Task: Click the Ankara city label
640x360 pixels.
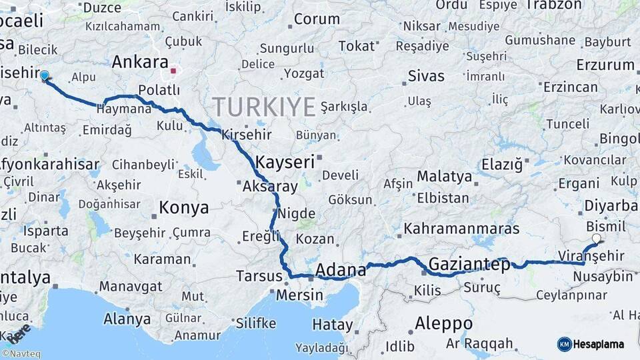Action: (x=139, y=62)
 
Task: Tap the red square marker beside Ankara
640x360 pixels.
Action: (x=173, y=70)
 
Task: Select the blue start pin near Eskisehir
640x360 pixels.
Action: (x=45, y=76)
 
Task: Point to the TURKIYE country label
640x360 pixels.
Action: (x=264, y=106)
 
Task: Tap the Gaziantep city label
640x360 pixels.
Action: (x=469, y=265)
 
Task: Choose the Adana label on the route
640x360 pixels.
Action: (x=340, y=270)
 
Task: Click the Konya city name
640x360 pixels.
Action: (x=183, y=208)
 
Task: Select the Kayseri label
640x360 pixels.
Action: (x=285, y=162)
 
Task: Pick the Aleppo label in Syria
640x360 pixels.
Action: (x=443, y=323)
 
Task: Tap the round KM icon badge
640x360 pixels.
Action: (x=565, y=344)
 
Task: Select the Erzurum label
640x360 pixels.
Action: (x=605, y=65)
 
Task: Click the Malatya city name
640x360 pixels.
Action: (x=444, y=177)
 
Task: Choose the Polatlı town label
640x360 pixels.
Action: (x=159, y=90)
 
